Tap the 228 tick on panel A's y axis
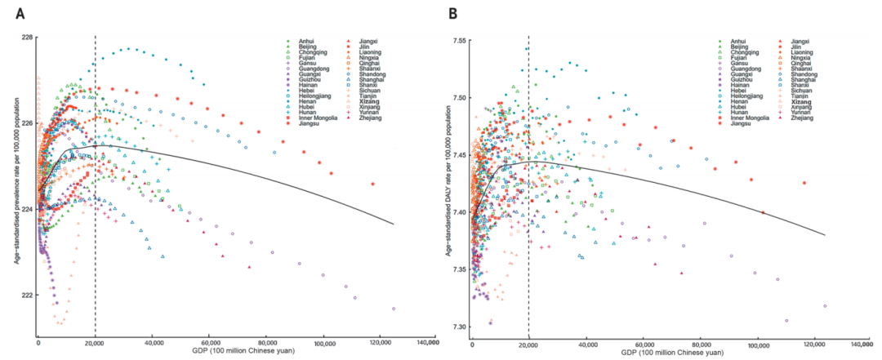[x=26, y=38]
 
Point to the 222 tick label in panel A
[x=26, y=295]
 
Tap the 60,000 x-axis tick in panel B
[x=644, y=341]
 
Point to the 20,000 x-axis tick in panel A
[x=96, y=341]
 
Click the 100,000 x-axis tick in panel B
[x=759, y=341]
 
